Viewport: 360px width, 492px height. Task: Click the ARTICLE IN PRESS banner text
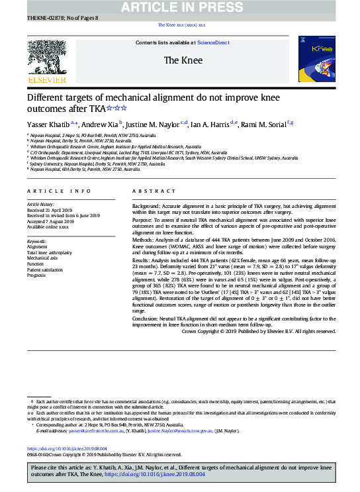[x=181, y=7]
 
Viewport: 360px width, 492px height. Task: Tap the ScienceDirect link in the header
[x=213, y=42]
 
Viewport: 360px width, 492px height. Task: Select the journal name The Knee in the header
[x=181, y=60]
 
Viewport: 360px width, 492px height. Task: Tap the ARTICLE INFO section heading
[x=59, y=191]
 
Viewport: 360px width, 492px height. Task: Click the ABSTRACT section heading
[x=148, y=191]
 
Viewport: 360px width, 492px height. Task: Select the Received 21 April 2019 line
[x=51, y=211]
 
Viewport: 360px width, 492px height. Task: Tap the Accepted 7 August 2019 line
[x=51, y=221]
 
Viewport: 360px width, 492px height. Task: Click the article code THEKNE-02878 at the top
[x=43, y=19]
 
